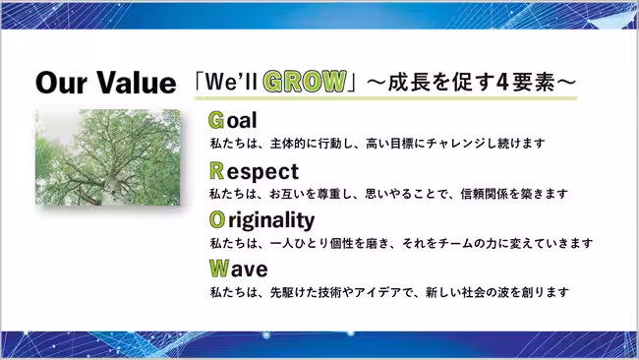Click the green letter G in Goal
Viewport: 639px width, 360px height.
click(x=216, y=121)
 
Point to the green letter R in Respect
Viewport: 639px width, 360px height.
click(x=216, y=170)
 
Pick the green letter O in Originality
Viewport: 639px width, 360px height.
click(x=216, y=219)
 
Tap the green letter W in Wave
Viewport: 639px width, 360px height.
click(x=218, y=268)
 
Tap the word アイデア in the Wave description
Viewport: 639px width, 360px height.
click(x=379, y=291)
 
